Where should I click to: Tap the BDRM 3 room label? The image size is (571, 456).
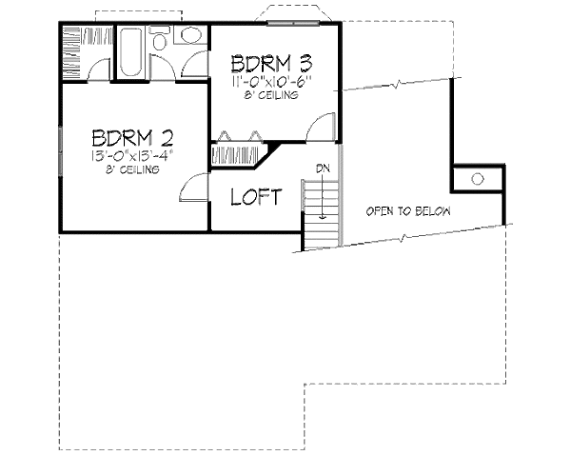coord(271,66)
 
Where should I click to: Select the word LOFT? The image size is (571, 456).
coord(257,198)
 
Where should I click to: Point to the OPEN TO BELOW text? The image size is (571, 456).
coord(408,211)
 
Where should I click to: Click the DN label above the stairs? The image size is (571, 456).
coord(323,169)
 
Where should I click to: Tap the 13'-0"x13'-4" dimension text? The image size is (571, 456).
coord(132,153)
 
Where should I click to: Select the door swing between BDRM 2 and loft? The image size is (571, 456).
coord(194,187)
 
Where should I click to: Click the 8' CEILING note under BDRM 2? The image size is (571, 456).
coord(133,169)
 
